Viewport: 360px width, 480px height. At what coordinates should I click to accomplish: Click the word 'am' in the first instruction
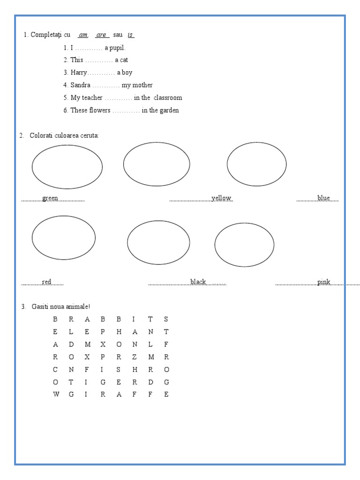[83, 35]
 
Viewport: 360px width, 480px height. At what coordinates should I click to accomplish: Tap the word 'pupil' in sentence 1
[118, 47]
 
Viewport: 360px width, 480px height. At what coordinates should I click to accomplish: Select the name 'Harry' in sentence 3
[79, 73]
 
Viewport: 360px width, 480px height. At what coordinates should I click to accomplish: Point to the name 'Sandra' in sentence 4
[81, 85]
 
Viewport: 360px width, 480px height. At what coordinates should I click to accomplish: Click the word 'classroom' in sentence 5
[168, 98]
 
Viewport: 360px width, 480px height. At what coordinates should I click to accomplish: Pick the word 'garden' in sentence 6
[169, 111]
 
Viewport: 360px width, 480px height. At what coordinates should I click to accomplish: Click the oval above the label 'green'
[67, 166]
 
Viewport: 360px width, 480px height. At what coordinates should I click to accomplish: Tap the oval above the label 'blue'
[256, 164]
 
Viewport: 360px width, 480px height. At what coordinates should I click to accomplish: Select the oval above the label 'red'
[63, 237]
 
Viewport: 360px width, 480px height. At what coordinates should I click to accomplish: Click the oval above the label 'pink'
[244, 245]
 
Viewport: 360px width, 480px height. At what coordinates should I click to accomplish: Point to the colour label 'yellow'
[221, 198]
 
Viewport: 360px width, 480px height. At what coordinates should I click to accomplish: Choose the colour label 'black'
[198, 282]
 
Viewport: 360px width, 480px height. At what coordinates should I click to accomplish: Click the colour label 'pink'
[323, 282]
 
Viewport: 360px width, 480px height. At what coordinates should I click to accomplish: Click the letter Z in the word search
[135, 357]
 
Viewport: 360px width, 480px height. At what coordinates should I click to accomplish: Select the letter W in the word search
[56, 394]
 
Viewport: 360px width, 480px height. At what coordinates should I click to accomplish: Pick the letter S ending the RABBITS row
[166, 319]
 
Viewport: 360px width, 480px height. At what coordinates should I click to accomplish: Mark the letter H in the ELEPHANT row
[119, 332]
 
